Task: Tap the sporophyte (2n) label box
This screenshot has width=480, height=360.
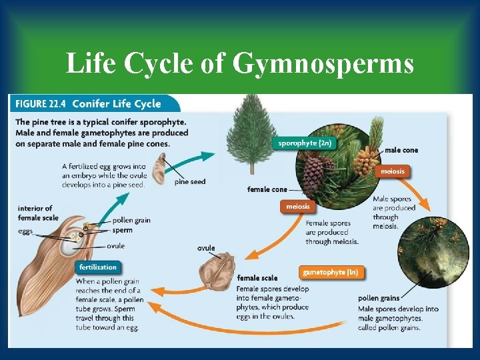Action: [304, 143]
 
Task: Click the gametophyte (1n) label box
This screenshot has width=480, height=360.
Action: [330, 272]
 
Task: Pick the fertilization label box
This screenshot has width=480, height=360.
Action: [98, 267]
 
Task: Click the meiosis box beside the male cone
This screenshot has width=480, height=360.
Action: [393, 171]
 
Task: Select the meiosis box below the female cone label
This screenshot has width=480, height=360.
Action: [298, 207]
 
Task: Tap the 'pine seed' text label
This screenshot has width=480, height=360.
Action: [190, 182]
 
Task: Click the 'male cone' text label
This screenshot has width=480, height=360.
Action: [401, 150]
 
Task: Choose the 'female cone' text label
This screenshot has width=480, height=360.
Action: [267, 189]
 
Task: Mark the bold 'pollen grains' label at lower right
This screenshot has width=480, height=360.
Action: [379, 298]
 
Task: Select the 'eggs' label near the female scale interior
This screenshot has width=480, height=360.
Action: [25, 231]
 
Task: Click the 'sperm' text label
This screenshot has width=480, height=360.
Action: [123, 230]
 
